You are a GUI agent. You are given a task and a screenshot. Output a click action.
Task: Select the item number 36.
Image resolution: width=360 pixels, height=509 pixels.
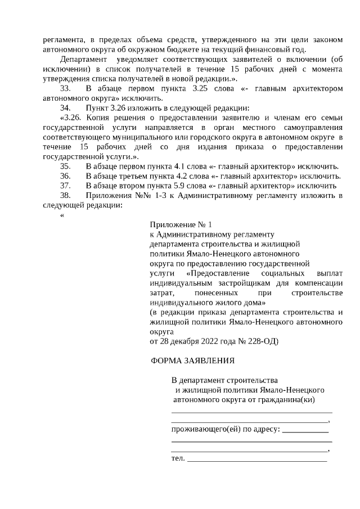point(65,176)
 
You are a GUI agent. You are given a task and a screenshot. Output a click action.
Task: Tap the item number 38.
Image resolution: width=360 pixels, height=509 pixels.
point(65,195)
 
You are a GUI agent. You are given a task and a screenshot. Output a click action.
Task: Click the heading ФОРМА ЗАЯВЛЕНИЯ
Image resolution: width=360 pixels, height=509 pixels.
point(192,361)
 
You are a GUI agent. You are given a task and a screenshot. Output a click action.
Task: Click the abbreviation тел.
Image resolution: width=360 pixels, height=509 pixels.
point(177,459)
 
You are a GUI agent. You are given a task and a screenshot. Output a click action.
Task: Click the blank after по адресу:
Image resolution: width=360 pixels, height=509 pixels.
point(304,431)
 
